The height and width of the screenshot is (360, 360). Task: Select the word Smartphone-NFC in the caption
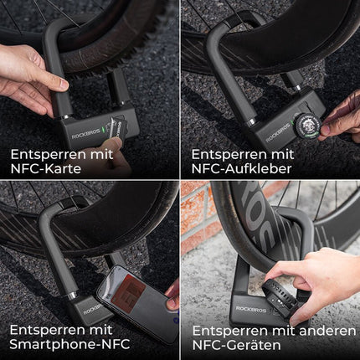tap(60, 343)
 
